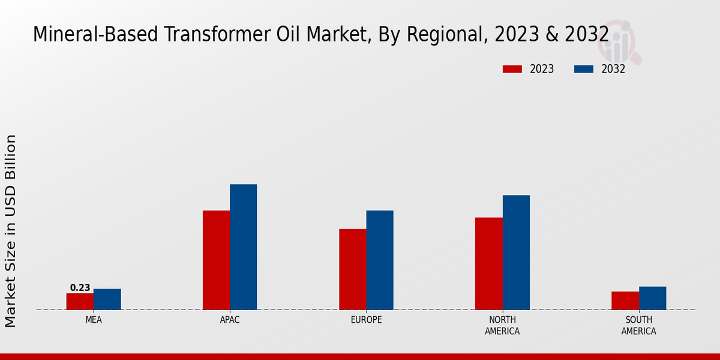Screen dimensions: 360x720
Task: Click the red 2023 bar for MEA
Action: click(80, 301)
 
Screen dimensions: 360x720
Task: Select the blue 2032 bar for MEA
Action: click(107, 299)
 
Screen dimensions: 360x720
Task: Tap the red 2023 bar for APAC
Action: click(216, 260)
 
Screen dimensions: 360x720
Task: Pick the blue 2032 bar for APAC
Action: click(243, 247)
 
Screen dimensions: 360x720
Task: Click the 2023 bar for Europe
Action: click(352, 269)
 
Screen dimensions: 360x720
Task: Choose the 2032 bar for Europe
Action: click(380, 260)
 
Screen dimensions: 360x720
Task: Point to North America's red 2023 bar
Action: click(488, 263)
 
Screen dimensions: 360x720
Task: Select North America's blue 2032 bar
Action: click(516, 252)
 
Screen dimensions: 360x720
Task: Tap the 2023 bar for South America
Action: click(625, 301)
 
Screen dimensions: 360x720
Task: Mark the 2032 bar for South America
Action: click(652, 298)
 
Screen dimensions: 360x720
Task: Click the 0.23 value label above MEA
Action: click(80, 288)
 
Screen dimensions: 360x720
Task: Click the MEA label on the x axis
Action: click(94, 320)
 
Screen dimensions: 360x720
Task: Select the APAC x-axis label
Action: click(230, 320)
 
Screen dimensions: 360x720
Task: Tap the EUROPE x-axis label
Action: click(366, 320)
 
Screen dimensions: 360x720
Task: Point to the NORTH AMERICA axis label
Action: click(502, 325)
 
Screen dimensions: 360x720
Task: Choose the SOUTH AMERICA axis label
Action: click(638, 325)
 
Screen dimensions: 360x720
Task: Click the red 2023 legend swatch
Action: click(512, 69)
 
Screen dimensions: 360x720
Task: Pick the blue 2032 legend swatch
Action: click(584, 69)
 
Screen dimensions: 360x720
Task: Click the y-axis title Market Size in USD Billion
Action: click(11, 231)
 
